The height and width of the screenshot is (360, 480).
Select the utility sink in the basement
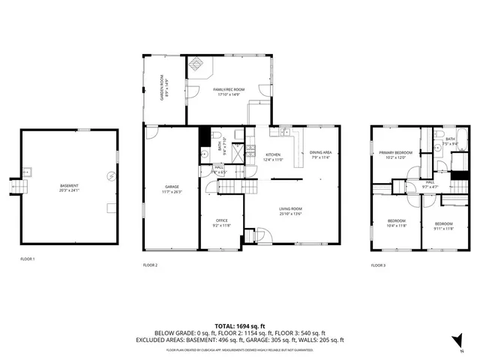(x=28, y=170)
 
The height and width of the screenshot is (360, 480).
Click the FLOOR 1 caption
(x=28, y=258)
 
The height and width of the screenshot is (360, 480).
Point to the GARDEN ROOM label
(x=161, y=88)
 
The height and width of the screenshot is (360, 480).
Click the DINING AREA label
(x=320, y=153)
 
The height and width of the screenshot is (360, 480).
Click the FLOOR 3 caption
(x=379, y=265)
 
